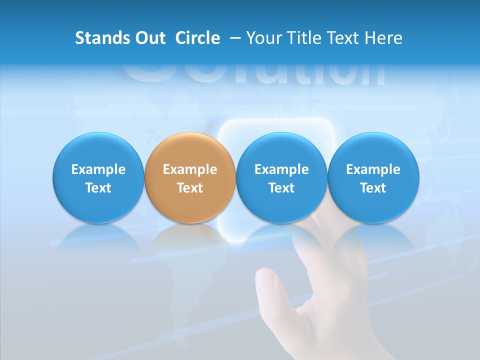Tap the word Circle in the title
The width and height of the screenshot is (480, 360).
click(x=197, y=38)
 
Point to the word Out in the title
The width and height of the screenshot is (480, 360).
click(x=150, y=38)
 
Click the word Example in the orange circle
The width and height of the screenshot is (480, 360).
click(x=190, y=169)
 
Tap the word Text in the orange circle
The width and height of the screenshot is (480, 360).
click(x=190, y=188)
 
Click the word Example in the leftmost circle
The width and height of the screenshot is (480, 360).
click(x=98, y=169)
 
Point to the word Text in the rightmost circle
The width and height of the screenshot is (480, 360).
click(x=373, y=188)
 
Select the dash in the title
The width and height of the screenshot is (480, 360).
click(x=234, y=38)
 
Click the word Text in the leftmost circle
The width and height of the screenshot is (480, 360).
click(x=98, y=188)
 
